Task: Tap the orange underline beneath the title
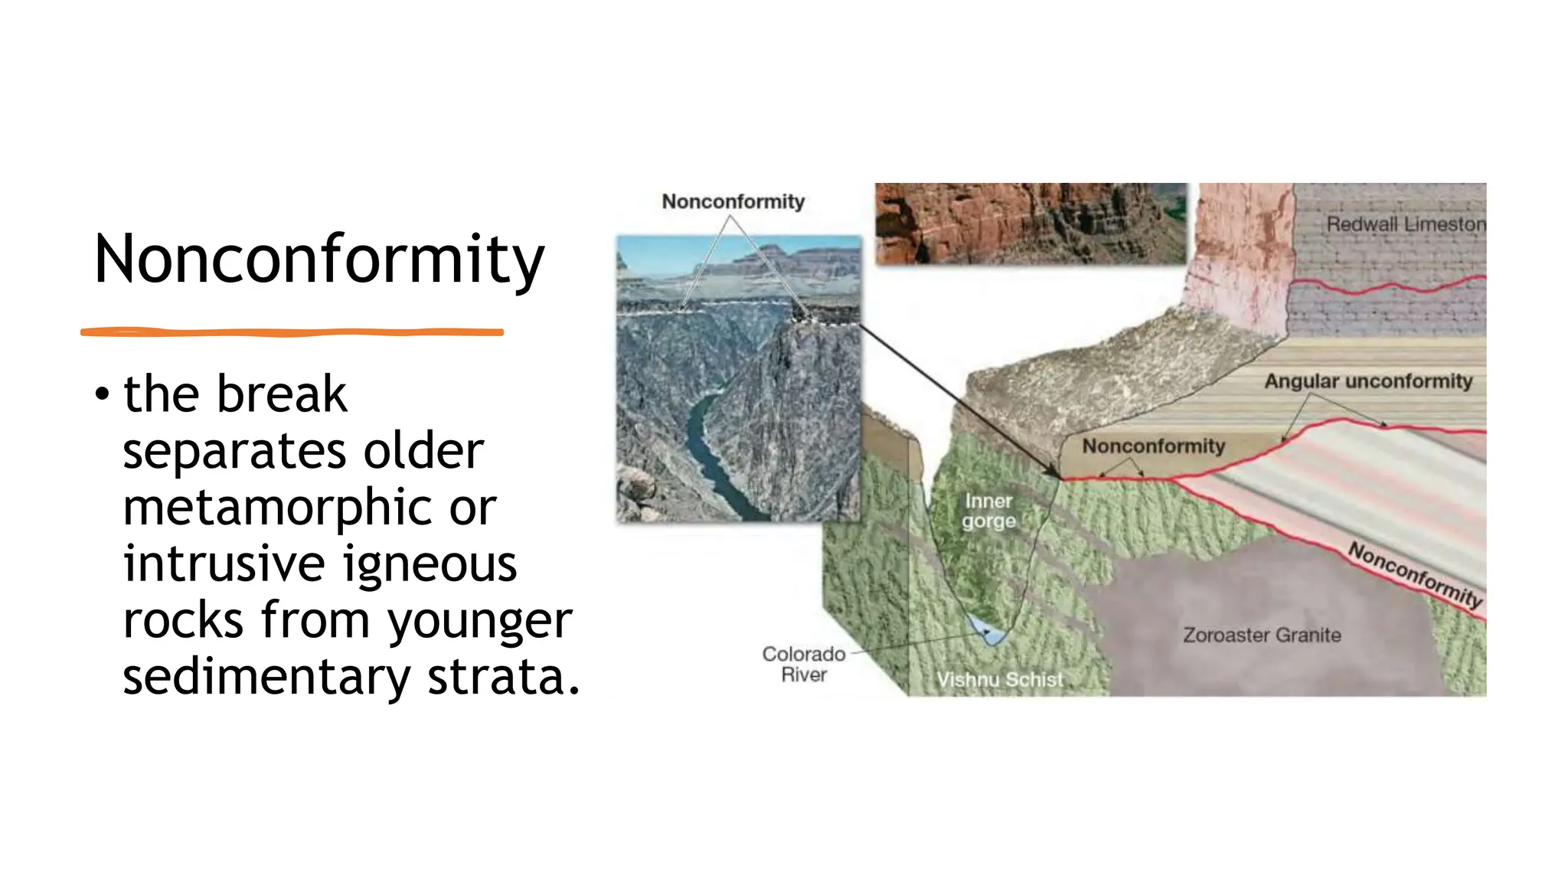click(291, 332)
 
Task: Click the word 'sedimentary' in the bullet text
click(266, 678)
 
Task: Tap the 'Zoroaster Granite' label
click(1261, 635)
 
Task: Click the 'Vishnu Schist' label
click(999, 680)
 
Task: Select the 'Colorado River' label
click(803, 665)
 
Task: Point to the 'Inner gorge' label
click(988, 511)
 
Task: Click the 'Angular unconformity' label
click(1368, 381)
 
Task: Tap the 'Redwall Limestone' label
click(1406, 224)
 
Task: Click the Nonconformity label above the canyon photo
click(733, 201)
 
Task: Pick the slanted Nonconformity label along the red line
click(1415, 574)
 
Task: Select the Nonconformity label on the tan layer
click(1153, 446)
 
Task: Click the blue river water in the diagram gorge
click(988, 631)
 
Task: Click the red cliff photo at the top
click(1030, 223)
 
